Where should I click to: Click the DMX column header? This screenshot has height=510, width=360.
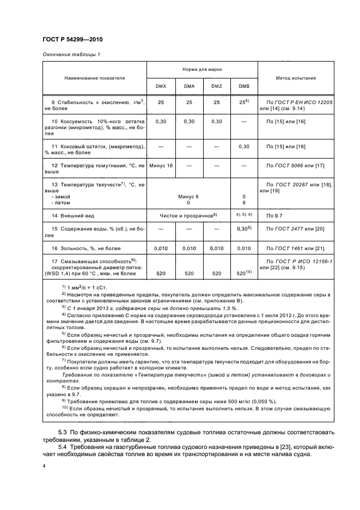[161, 87]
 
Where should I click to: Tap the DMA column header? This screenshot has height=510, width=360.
[189, 87]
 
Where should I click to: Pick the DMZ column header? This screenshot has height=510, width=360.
[216, 87]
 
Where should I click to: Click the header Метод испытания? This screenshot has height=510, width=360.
[295, 78]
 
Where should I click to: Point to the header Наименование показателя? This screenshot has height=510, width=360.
[95, 78]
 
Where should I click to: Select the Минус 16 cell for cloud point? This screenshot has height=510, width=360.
[161, 165]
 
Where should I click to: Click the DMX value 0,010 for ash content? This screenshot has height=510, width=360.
[161, 248]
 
